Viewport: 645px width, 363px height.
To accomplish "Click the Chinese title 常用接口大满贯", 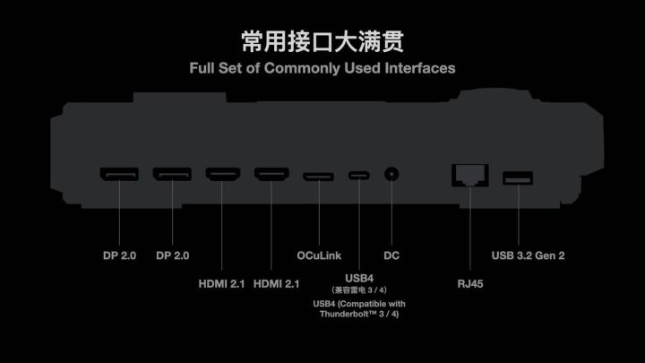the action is pos(322,41).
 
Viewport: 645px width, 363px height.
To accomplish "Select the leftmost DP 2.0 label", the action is pos(119,255).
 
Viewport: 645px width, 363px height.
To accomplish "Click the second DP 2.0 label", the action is pos(172,255).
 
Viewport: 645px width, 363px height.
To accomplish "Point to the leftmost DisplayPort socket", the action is pos(119,174).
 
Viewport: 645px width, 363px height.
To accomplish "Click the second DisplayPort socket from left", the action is pos(172,174).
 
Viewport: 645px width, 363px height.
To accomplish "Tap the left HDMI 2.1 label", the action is pos(221,283).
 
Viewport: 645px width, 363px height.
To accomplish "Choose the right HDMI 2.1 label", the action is pos(276,283).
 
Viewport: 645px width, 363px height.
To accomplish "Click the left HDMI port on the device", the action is pos(222,174).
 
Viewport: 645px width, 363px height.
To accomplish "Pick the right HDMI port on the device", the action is pos(271,174).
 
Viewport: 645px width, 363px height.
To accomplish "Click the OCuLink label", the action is pos(319,255).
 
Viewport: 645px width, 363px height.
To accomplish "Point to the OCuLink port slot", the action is pos(318,177).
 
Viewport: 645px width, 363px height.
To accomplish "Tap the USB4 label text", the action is pos(359,279).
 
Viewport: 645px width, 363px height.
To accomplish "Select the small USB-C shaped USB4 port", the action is pos(358,176).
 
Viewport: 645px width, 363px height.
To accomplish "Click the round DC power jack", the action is pos(391,174).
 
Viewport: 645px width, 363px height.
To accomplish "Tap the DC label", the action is pos(391,255).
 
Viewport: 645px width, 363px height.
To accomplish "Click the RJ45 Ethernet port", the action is pos(470,175).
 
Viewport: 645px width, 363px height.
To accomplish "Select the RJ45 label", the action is pos(470,283).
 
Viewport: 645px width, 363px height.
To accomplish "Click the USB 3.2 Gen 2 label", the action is pos(528,255).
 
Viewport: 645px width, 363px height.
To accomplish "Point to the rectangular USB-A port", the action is pos(518,178).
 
